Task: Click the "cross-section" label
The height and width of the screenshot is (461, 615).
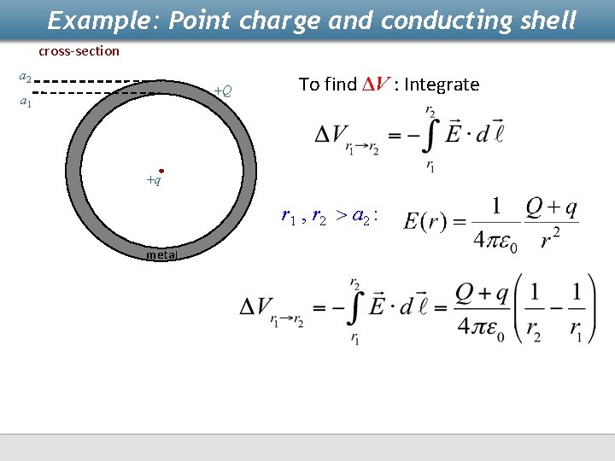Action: point(79,51)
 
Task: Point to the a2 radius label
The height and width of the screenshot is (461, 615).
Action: point(26,78)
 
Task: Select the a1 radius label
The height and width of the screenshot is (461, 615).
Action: point(26,102)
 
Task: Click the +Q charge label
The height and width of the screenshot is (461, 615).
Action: point(222,90)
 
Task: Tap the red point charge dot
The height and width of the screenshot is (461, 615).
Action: point(161,171)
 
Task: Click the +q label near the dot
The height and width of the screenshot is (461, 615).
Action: point(153,181)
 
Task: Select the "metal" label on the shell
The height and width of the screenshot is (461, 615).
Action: point(161,254)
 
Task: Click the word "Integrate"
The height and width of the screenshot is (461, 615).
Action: point(442,84)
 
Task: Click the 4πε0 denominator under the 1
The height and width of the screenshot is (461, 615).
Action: point(496,238)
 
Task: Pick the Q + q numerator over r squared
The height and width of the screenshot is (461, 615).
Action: point(552,207)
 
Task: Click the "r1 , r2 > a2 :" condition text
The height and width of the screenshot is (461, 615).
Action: point(330,215)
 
